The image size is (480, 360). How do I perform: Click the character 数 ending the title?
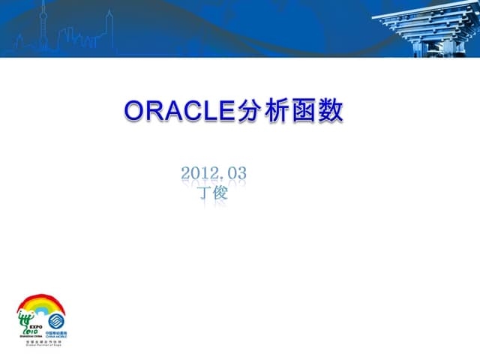pyautogui.click(x=332, y=110)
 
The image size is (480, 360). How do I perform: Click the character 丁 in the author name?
pyautogui.click(x=203, y=193)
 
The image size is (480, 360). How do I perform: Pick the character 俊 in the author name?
pyautogui.click(x=220, y=193)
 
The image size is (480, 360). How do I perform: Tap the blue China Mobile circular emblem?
pyautogui.click(x=55, y=319)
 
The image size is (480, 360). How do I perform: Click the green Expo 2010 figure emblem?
pyautogui.click(x=28, y=319)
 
